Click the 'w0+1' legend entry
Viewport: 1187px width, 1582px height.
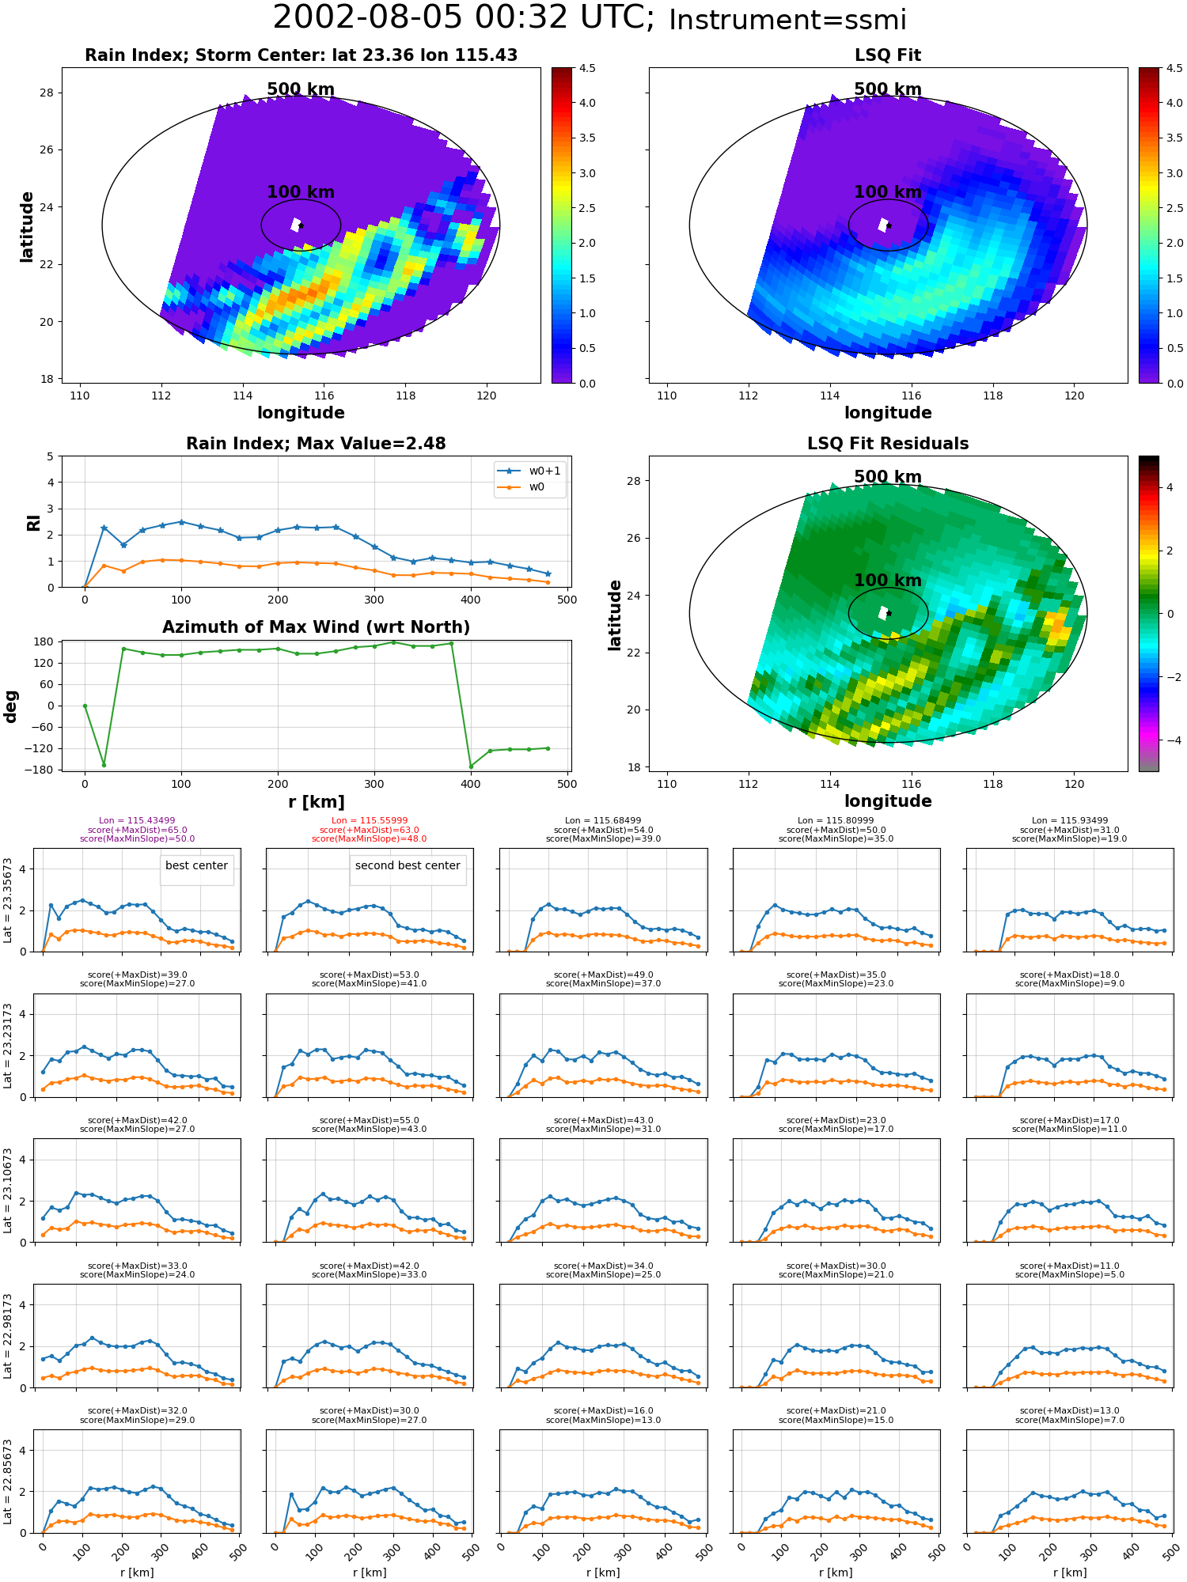(x=544, y=471)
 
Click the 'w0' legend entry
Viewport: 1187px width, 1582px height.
(x=537, y=486)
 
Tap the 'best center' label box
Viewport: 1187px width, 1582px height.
(x=196, y=866)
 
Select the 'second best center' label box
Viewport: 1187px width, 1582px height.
(x=408, y=866)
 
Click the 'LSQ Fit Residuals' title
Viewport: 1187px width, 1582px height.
(x=888, y=444)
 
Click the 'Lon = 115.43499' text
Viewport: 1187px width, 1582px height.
(x=137, y=821)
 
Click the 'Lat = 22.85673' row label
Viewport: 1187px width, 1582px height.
(x=8, y=1482)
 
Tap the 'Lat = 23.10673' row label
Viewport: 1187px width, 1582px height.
(x=8, y=1190)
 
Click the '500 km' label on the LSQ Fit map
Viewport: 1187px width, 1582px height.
(x=888, y=89)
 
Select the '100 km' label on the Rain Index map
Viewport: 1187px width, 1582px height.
(x=301, y=192)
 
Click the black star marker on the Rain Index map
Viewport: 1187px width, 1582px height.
(x=301, y=225)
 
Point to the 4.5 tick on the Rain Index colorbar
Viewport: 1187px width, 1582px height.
(x=586, y=68)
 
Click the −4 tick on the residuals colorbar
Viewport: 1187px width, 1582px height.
(x=1170, y=740)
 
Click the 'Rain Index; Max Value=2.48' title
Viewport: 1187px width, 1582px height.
(x=316, y=444)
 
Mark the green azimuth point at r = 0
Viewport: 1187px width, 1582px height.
(x=85, y=706)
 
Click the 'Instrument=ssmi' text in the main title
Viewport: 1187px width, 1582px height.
(x=787, y=21)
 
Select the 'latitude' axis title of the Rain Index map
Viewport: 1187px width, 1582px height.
(x=27, y=227)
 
